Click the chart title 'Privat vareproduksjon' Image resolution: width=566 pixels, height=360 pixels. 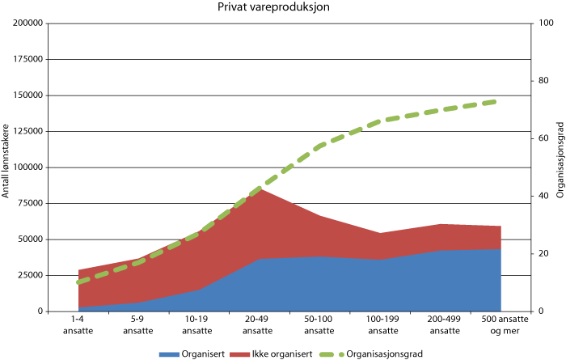(x=273, y=7)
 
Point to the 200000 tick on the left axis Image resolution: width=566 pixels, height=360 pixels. (x=28, y=23)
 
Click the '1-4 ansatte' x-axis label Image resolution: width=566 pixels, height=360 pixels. (x=78, y=324)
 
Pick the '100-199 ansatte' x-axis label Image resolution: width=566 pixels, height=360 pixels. (x=380, y=324)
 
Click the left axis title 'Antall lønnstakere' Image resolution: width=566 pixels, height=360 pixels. (x=6, y=161)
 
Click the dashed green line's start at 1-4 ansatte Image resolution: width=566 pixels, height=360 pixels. (x=78, y=282)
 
